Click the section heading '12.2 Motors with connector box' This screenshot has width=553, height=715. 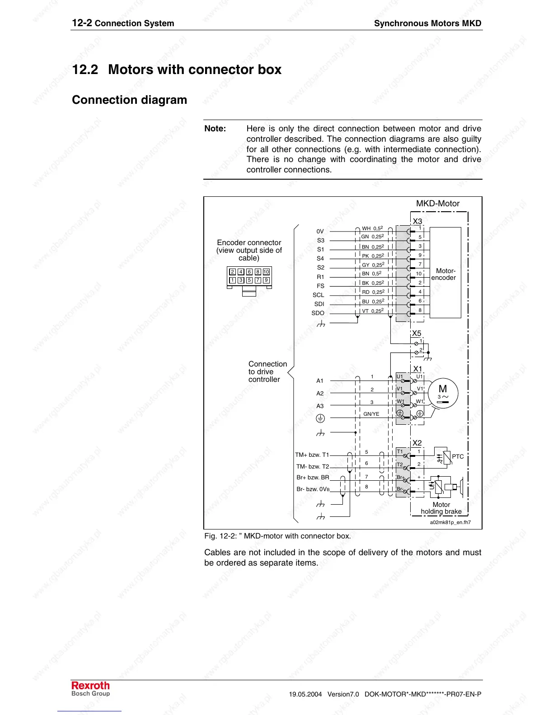pos(177,70)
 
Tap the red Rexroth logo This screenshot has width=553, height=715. pos(90,686)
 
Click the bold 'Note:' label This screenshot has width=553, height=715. pos(215,129)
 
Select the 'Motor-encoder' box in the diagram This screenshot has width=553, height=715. pos(445,274)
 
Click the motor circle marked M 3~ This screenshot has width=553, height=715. pos(443,393)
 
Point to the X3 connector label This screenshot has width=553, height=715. pos(417,221)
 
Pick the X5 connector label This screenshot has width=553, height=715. pos(416,334)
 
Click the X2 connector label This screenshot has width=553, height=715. pos(417,443)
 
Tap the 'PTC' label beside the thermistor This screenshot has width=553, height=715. pos(458,456)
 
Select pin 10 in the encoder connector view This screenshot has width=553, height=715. pos(266,272)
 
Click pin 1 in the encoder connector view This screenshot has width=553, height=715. pos(232,280)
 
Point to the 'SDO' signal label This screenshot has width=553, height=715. pos(318,313)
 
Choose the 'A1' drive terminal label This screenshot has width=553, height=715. pos(320,381)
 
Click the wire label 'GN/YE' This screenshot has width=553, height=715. pos(371,414)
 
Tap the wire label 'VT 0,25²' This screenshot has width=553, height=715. pos(373,311)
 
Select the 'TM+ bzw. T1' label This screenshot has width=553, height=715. pos(312,455)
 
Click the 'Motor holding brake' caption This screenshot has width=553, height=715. pos(441,508)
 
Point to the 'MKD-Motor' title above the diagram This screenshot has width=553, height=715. pos(437,204)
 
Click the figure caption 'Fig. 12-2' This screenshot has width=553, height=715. pos(277,536)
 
